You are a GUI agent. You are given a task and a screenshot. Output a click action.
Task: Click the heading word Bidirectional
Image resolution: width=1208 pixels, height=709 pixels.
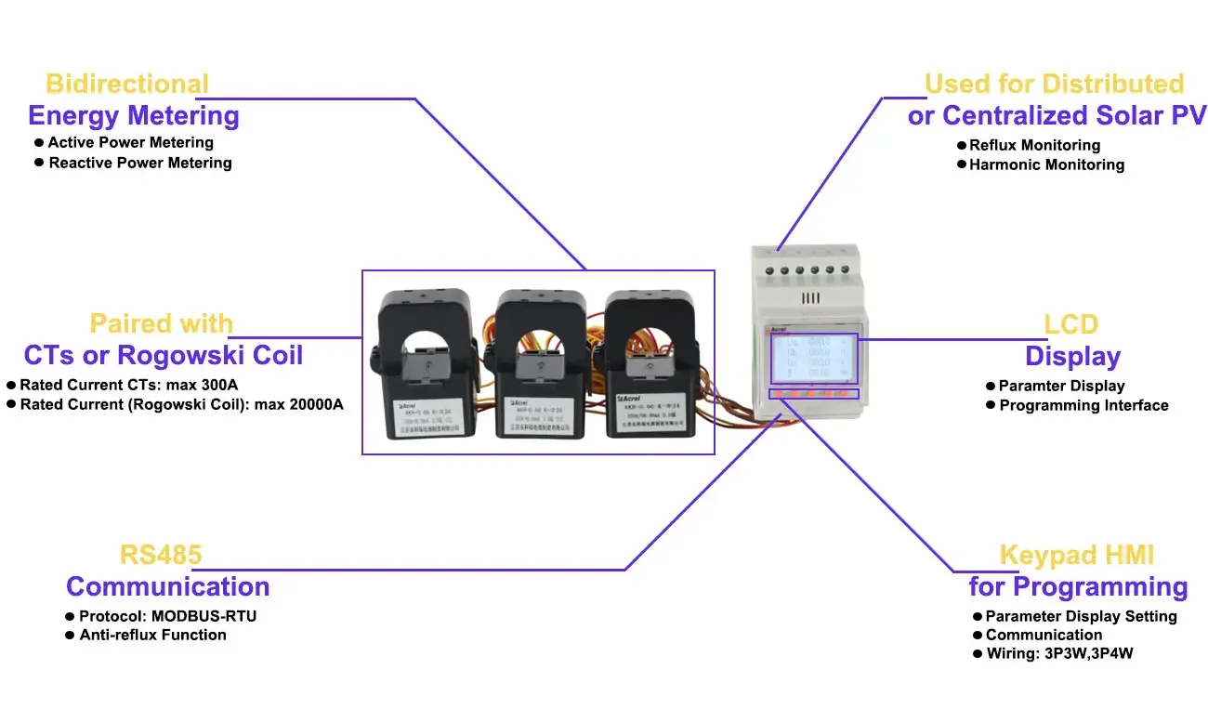click(127, 84)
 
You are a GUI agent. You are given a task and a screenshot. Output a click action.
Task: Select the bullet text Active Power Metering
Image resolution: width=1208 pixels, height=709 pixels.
click(130, 142)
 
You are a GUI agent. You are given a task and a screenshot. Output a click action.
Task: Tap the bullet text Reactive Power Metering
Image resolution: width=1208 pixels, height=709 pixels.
click(139, 163)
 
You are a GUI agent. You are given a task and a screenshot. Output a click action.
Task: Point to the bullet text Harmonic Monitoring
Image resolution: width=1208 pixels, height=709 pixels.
click(1046, 164)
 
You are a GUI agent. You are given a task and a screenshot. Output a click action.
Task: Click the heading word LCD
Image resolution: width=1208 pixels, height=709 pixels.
click(1070, 324)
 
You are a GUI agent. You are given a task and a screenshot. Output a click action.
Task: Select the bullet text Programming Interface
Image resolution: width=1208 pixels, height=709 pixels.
click(1083, 405)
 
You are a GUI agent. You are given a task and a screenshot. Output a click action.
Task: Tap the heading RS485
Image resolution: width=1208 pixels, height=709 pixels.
click(161, 556)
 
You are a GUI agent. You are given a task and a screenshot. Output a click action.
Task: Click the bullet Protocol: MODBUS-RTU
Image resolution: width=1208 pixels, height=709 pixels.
click(167, 615)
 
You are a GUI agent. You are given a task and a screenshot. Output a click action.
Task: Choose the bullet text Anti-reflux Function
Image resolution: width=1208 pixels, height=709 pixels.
click(152, 635)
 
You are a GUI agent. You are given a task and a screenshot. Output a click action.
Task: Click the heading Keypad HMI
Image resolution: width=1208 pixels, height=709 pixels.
click(1076, 556)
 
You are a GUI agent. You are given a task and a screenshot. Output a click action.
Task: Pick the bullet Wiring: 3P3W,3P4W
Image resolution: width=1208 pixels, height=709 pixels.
click(1059, 653)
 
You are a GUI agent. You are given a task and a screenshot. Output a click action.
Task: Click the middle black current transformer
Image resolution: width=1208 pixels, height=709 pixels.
click(538, 362)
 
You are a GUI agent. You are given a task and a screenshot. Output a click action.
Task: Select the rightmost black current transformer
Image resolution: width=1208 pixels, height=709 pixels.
click(650, 362)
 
